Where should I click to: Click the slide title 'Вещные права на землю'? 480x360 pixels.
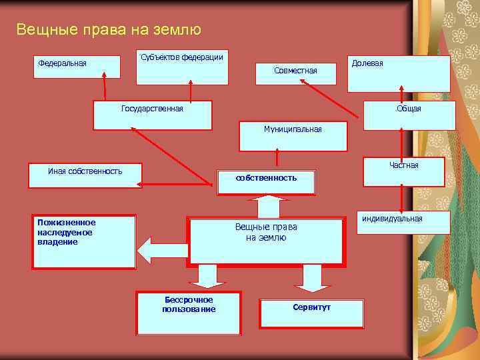pos(108,30)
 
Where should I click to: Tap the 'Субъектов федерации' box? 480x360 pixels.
pos(182,67)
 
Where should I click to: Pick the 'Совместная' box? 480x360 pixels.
pos(295,71)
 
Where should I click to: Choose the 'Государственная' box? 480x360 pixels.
pos(152,115)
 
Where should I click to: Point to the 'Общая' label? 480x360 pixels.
pos(409,109)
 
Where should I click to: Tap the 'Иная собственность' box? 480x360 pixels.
pos(85,175)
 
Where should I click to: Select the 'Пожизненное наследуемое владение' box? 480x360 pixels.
pos(84,241)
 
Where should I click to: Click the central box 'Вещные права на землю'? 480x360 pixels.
pos(266,241)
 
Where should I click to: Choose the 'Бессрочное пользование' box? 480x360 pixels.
pos(189,312)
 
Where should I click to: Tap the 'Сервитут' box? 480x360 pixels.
pos(311,313)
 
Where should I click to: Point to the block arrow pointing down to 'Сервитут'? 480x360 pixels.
pos(312,278)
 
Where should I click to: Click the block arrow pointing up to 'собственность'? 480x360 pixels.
pos(267,206)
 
